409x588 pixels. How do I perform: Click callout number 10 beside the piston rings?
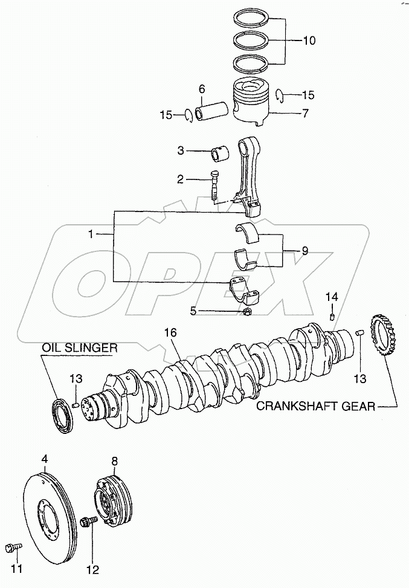309,41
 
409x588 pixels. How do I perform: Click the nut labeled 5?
246,312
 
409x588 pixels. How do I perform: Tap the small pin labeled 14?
332,315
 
